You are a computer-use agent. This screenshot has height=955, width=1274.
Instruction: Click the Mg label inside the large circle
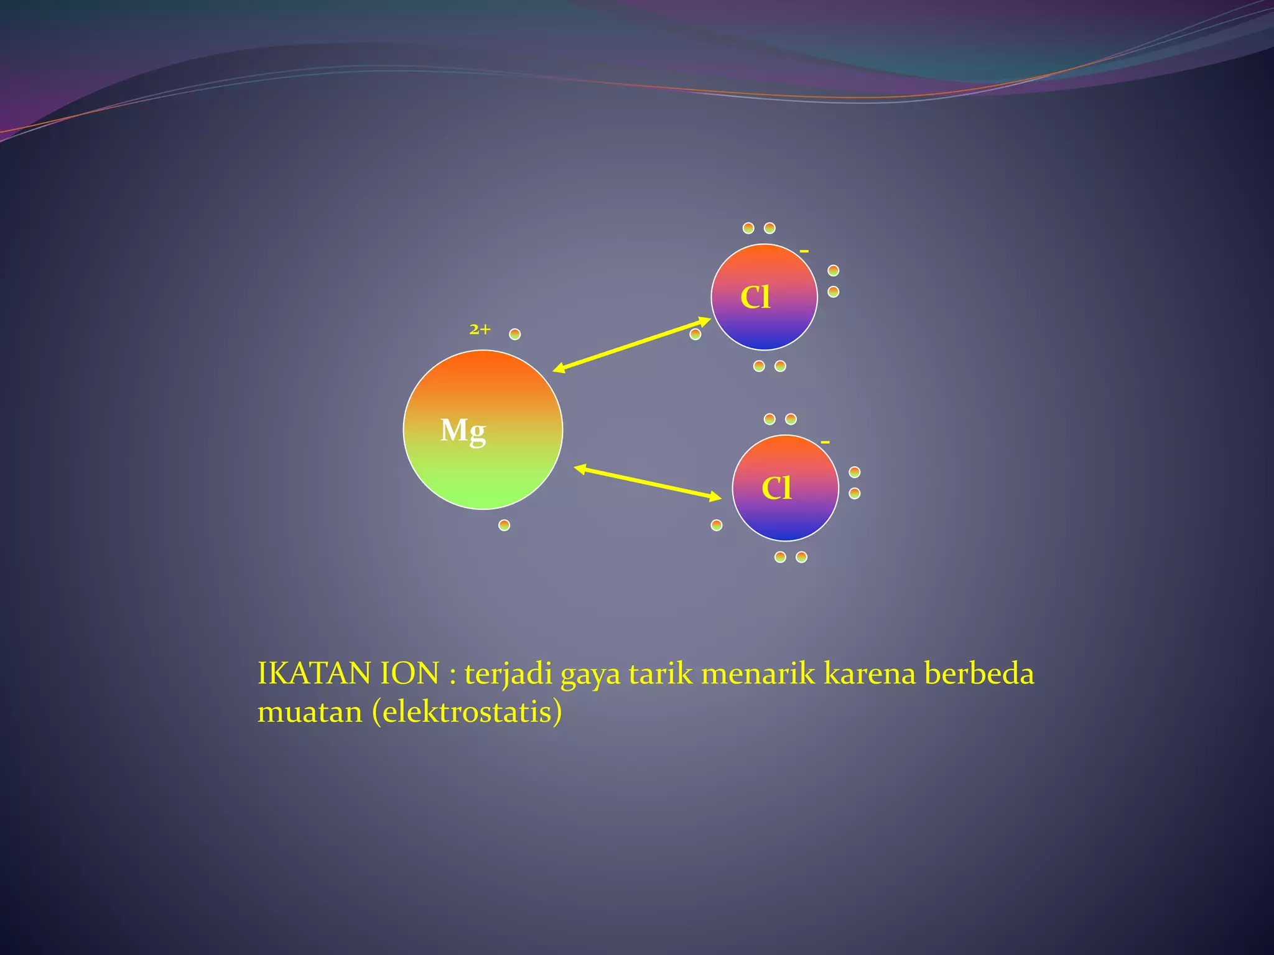click(463, 430)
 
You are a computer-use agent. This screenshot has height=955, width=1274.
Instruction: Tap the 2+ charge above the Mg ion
click(480, 330)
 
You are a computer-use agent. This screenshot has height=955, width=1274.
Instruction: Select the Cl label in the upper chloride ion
click(755, 297)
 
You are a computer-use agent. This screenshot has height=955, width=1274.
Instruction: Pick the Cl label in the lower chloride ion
click(776, 488)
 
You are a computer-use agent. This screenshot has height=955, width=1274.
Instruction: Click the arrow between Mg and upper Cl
click(631, 345)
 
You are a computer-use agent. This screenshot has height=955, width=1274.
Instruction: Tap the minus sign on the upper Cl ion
click(804, 251)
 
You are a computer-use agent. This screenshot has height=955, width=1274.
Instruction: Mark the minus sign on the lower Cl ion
click(825, 442)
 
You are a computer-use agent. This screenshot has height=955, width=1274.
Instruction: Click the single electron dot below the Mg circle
click(504, 525)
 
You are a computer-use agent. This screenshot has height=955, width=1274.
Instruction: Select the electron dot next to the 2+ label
click(514, 334)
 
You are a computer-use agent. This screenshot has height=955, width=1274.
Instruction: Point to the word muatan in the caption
click(310, 713)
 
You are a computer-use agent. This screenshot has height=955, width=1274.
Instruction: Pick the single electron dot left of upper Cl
click(695, 334)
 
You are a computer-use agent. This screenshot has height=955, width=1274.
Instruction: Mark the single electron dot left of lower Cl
click(717, 525)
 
